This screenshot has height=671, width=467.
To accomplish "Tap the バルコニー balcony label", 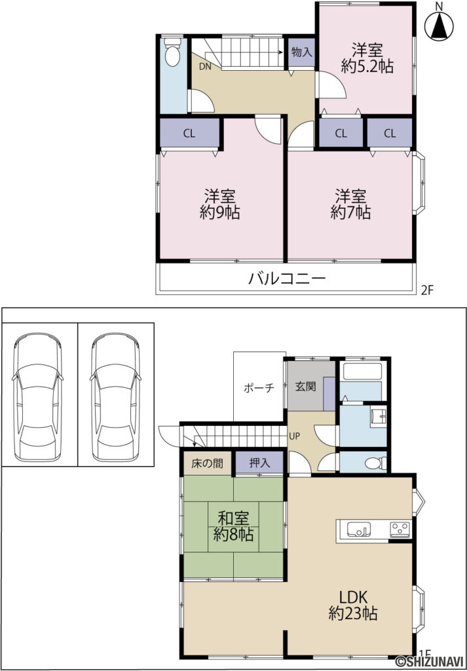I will pos(286,280).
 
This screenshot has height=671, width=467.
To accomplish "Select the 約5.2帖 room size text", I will pos(367,66).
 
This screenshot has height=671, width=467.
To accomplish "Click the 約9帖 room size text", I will pos(219,212).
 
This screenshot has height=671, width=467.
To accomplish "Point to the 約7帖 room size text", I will pos(350,212).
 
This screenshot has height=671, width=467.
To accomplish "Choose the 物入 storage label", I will pos(301,52).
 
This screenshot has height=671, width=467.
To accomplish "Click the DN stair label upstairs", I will pos(204,66).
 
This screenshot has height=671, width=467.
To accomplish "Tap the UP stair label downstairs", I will pos(295,435).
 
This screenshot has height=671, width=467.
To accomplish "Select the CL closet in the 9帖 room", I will pos(189,134).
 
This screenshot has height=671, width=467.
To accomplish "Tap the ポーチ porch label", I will pos(257,387).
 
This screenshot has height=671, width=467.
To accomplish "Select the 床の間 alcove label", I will pos(207,463).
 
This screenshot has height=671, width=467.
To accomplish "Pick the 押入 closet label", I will pos(259,463).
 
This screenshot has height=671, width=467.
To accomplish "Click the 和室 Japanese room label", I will pos(233,516).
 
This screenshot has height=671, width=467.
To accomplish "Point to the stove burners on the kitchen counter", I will pos(400,529).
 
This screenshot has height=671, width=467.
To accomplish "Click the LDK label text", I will pos(355,597).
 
